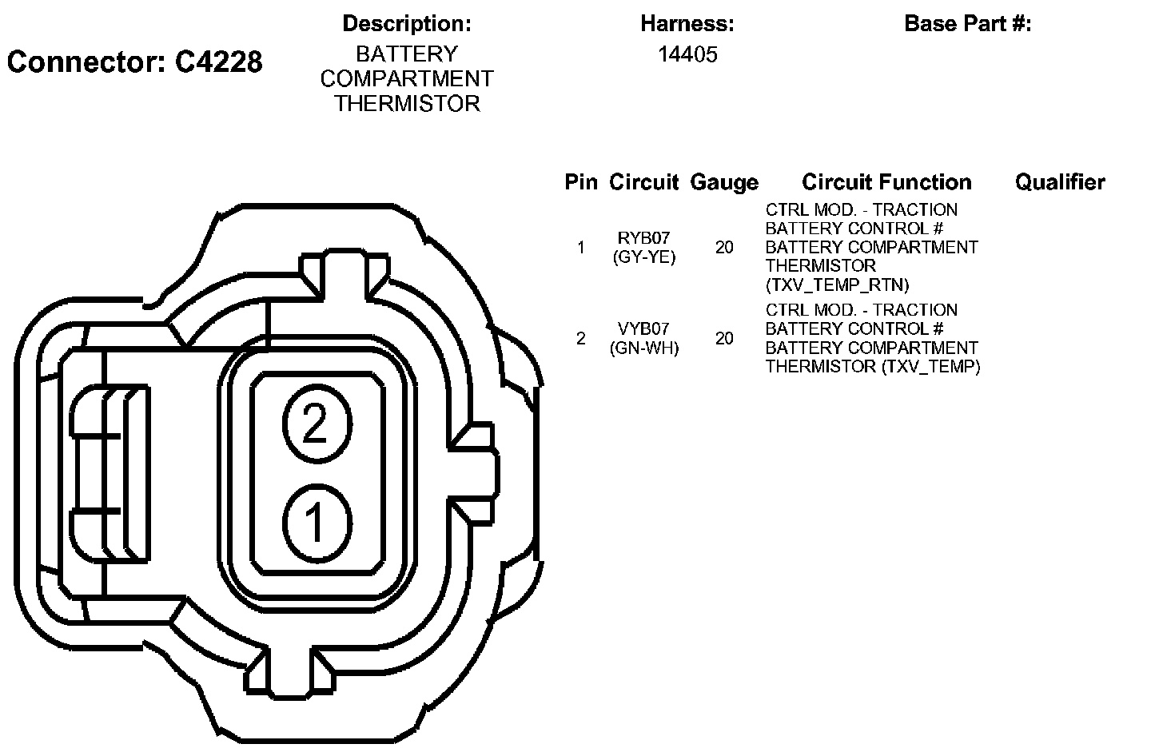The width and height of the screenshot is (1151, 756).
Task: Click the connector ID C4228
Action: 218,62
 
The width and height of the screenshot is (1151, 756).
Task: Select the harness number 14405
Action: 687,54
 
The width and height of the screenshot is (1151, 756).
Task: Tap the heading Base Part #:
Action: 967,24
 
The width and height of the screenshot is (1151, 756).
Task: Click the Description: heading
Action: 406,24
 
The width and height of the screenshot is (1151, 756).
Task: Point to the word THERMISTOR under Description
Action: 407,104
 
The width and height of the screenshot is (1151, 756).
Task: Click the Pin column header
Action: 581,182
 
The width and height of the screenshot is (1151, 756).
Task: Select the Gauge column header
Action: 724,183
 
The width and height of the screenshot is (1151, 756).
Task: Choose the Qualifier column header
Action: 1060,182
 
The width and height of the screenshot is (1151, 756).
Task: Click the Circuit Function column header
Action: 886,182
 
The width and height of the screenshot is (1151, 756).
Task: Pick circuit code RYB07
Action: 644,238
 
